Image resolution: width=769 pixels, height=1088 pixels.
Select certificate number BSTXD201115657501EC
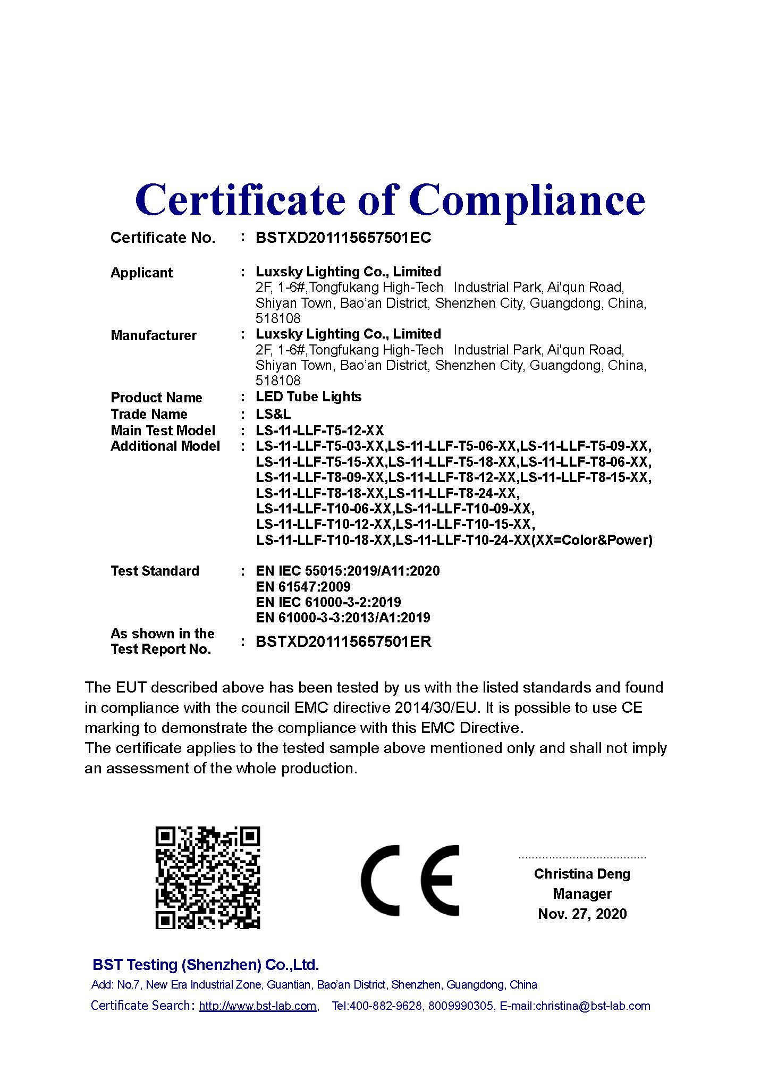(x=343, y=238)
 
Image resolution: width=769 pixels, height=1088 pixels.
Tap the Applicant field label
(x=141, y=273)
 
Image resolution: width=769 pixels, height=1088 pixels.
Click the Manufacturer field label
(x=154, y=336)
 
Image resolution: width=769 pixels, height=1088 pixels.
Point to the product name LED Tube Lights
(x=308, y=397)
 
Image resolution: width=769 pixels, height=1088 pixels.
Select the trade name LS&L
(x=273, y=414)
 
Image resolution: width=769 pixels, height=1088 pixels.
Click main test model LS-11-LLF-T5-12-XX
(x=319, y=431)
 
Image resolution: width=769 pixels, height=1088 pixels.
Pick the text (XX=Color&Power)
(x=591, y=541)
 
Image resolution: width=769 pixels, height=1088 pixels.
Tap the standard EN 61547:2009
(x=303, y=587)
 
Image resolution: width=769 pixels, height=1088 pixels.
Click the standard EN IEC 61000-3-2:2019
(x=328, y=602)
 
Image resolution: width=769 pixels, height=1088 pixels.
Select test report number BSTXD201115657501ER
(x=343, y=642)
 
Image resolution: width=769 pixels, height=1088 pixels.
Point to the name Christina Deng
(x=582, y=874)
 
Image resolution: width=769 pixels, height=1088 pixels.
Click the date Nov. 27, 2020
(x=582, y=914)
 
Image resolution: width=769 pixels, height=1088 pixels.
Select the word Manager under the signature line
(x=582, y=894)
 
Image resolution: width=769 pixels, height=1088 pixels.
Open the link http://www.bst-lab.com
(x=258, y=1006)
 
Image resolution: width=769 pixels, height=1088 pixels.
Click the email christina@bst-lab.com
(x=593, y=1006)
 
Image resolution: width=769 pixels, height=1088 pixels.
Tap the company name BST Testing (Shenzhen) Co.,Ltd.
(x=206, y=965)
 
